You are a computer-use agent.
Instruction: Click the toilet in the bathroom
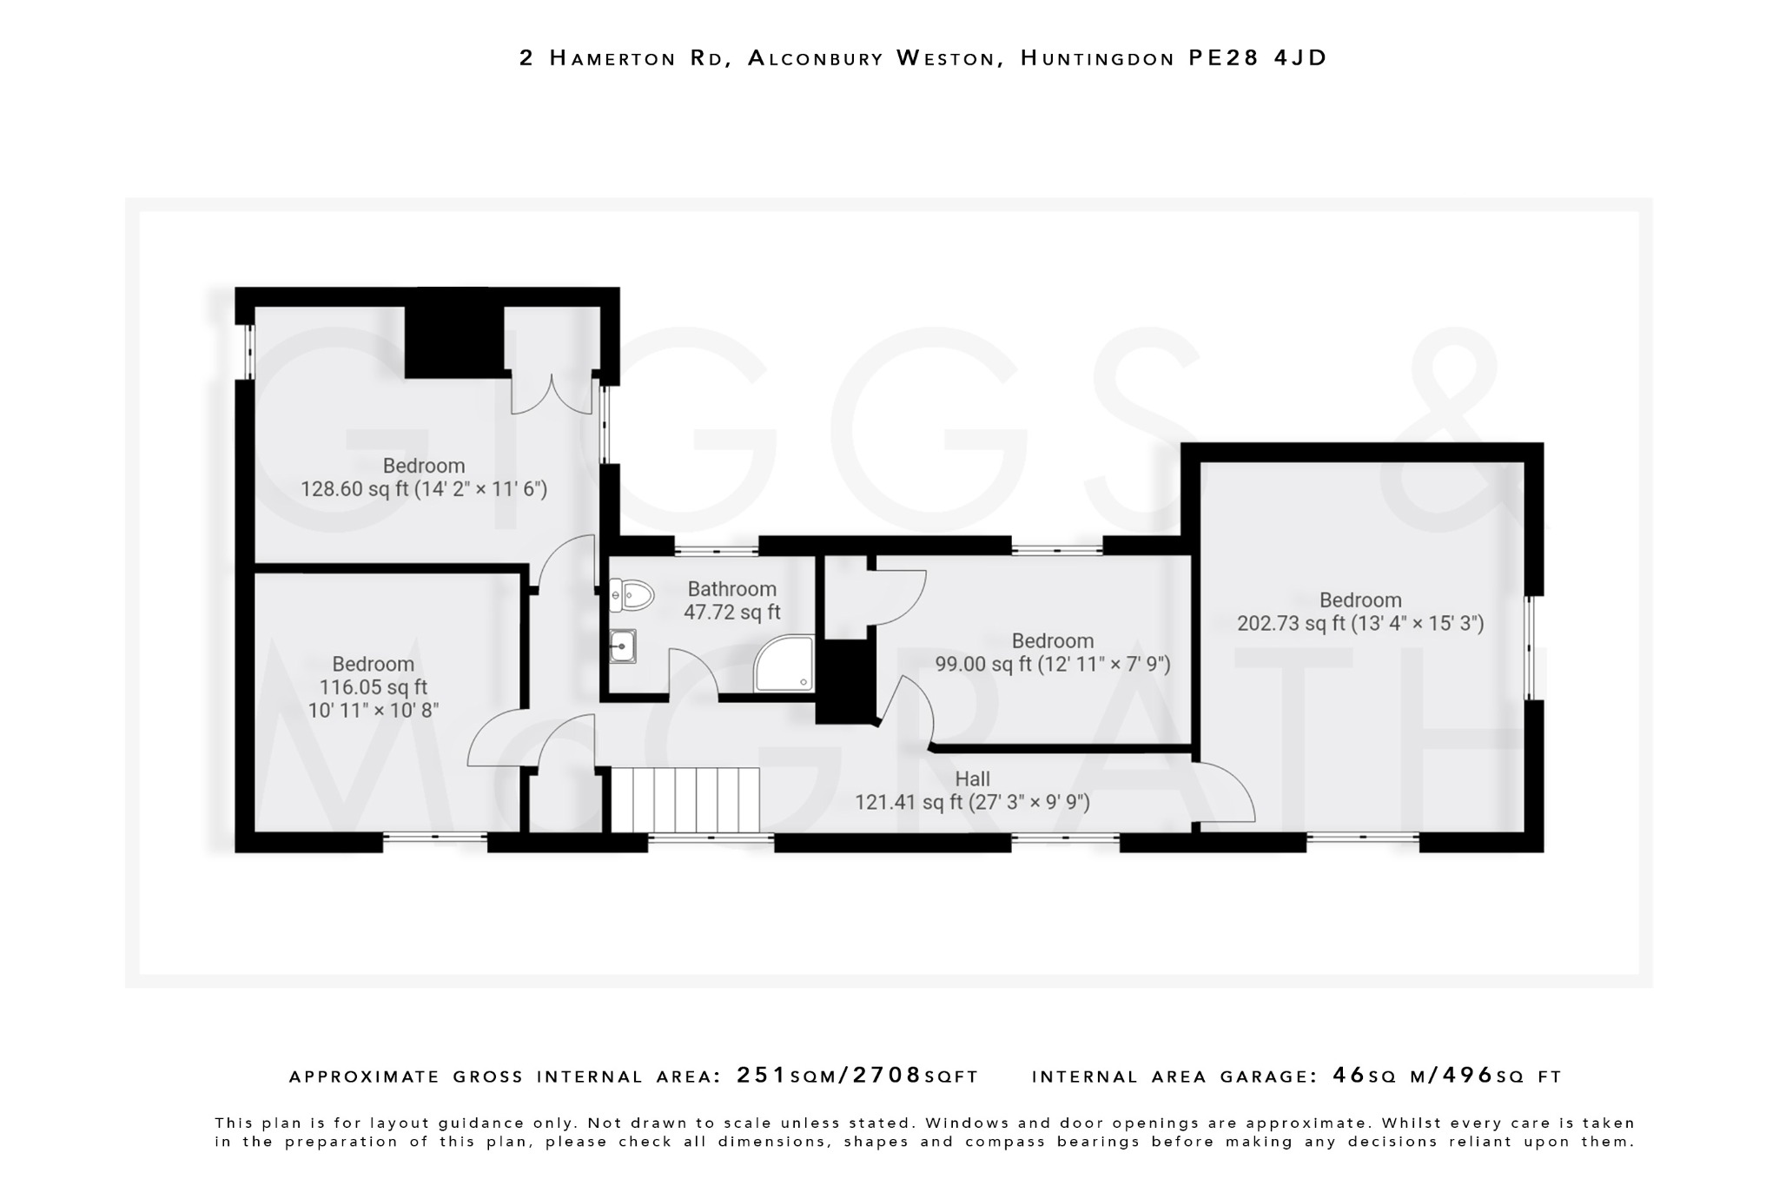pyautogui.click(x=633, y=596)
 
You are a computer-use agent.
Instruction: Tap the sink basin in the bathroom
pyautogui.click(x=622, y=646)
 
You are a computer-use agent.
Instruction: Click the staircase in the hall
pyautogui.click(x=685, y=799)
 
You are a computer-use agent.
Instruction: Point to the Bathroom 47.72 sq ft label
pyautogui.click(x=731, y=600)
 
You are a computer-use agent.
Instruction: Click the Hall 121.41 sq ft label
pyautogui.click(x=972, y=791)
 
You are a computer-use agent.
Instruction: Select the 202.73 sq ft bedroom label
pyautogui.click(x=1360, y=612)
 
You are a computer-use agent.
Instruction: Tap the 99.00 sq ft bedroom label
pyautogui.click(x=1053, y=653)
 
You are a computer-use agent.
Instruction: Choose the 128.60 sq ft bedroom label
pyautogui.click(x=424, y=477)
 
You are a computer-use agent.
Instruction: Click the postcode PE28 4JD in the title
pyautogui.click(x=1257, y=58)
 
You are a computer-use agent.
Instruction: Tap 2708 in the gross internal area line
pyautogui.click(x=887, y=1076)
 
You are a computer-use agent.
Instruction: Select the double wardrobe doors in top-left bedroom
pyautogui.click(x=552, y=395)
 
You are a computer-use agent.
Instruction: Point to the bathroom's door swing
pyautogui.click(x=691, y=673)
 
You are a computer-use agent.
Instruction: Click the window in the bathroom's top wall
pyautogui.click(x=717, y=548)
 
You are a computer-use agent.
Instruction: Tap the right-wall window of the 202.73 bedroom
pyautogui.click(x=1534, y=647)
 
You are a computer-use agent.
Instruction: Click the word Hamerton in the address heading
pyautogui.click(x=613, y=58)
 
